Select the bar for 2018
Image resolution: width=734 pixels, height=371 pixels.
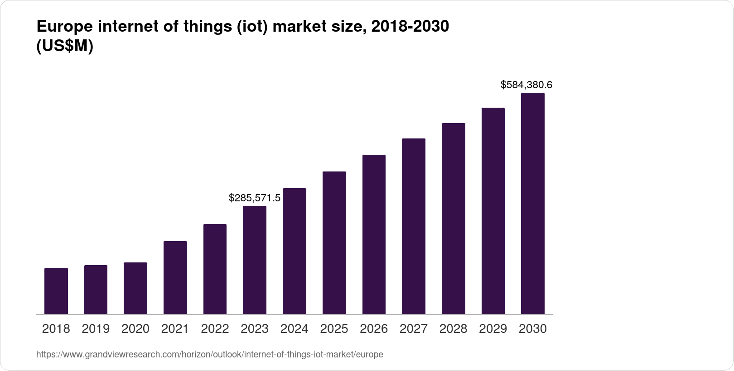point(56,291)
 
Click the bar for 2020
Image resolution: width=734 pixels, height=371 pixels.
point(135,288)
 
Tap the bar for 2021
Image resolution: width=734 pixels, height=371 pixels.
point(175,277)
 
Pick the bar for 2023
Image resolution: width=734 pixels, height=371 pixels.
point(255,260)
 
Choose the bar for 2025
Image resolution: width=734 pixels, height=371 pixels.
point(334,243)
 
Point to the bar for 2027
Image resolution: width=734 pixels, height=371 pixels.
point(414,226)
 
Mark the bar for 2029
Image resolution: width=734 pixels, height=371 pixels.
point(493,211)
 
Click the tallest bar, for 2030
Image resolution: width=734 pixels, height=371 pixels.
point(533,204)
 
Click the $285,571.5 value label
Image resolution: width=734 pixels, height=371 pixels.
point(255,198)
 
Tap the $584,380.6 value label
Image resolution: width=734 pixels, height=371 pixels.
point(526,85)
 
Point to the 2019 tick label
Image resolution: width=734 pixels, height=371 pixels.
point(96,328)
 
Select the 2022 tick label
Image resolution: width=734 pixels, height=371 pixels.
point(215,328)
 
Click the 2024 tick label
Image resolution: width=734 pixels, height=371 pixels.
point(295,328)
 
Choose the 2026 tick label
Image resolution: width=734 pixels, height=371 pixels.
point(374,328)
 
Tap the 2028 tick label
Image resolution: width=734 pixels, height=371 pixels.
point(453,328)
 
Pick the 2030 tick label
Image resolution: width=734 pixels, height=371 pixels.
point(533,328)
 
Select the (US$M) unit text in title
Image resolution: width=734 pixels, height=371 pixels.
point(64,46)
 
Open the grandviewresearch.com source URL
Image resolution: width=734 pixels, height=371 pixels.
point(209,354)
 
